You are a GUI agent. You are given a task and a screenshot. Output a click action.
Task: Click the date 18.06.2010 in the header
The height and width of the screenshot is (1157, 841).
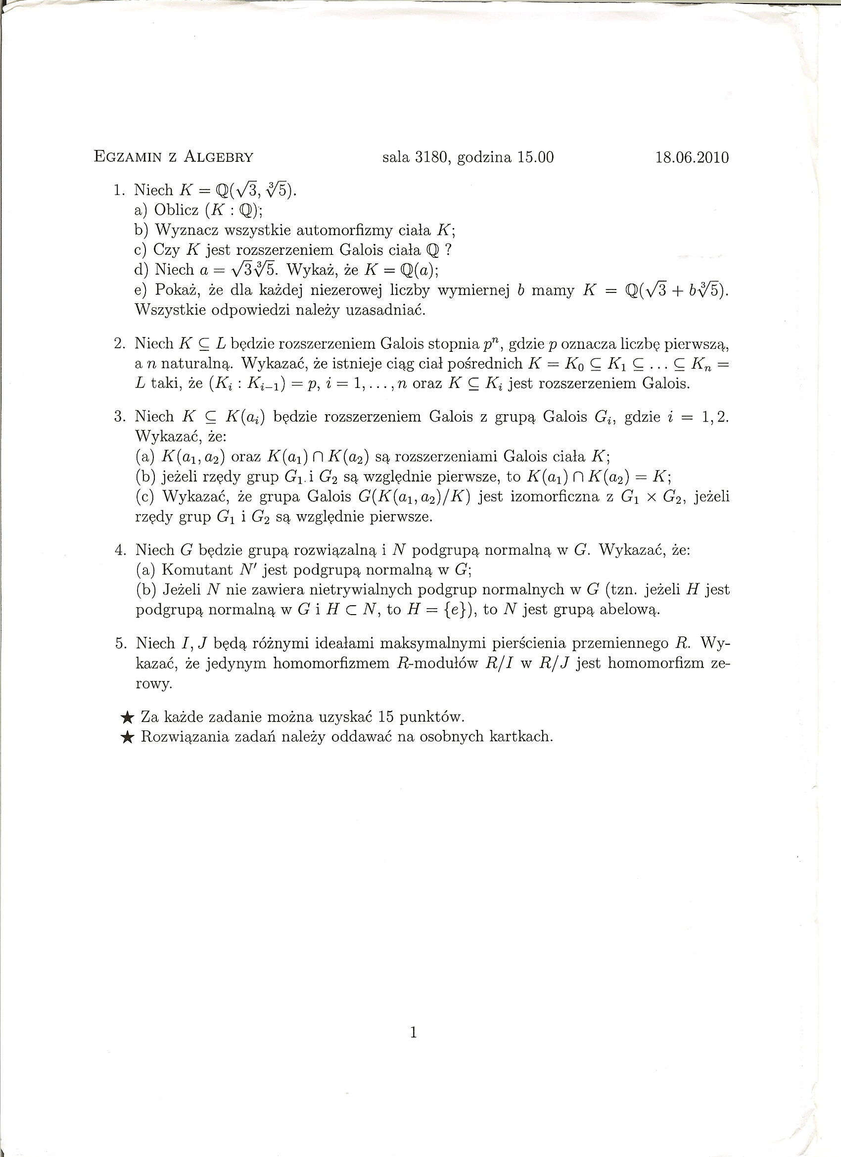coord(692,157)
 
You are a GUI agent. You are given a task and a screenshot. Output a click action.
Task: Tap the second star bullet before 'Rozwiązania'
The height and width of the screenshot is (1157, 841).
coord(127,738)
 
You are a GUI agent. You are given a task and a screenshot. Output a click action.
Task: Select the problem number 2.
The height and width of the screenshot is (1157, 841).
coord(120,344)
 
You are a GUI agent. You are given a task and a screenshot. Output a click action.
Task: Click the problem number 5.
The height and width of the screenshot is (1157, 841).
coord(120,643)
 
